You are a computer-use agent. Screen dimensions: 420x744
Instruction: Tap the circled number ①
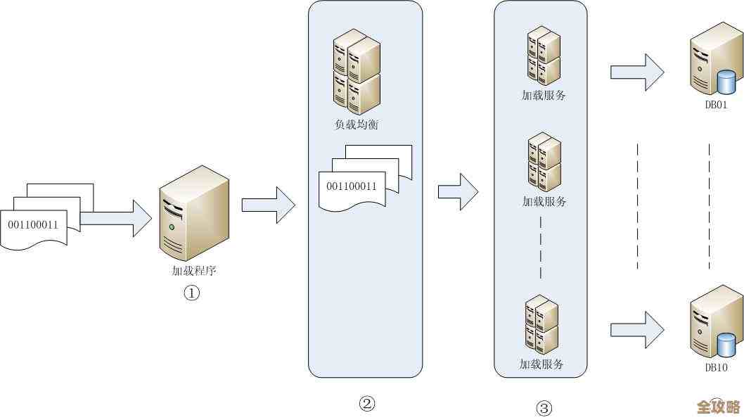(x=192, y=293)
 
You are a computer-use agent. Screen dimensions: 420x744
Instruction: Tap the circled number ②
(x=367, y=403)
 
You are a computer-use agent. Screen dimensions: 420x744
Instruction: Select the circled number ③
(x=544, y=407)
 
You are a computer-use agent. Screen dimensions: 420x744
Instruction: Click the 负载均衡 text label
(x=357, y=125)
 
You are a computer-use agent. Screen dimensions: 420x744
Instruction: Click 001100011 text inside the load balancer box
(x=352, y=186)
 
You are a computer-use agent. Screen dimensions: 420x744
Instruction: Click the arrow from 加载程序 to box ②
(x=268, y=205)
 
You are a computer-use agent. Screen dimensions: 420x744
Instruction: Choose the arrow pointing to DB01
(x=637, y=72)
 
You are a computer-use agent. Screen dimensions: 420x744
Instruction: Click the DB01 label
(x=716, y=105)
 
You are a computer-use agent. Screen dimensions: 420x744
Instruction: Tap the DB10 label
(x=716, y=367)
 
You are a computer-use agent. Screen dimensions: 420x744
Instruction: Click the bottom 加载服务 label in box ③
(x=541, y=364)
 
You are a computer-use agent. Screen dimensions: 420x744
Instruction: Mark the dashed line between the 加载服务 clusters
(x=541, y=246)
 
